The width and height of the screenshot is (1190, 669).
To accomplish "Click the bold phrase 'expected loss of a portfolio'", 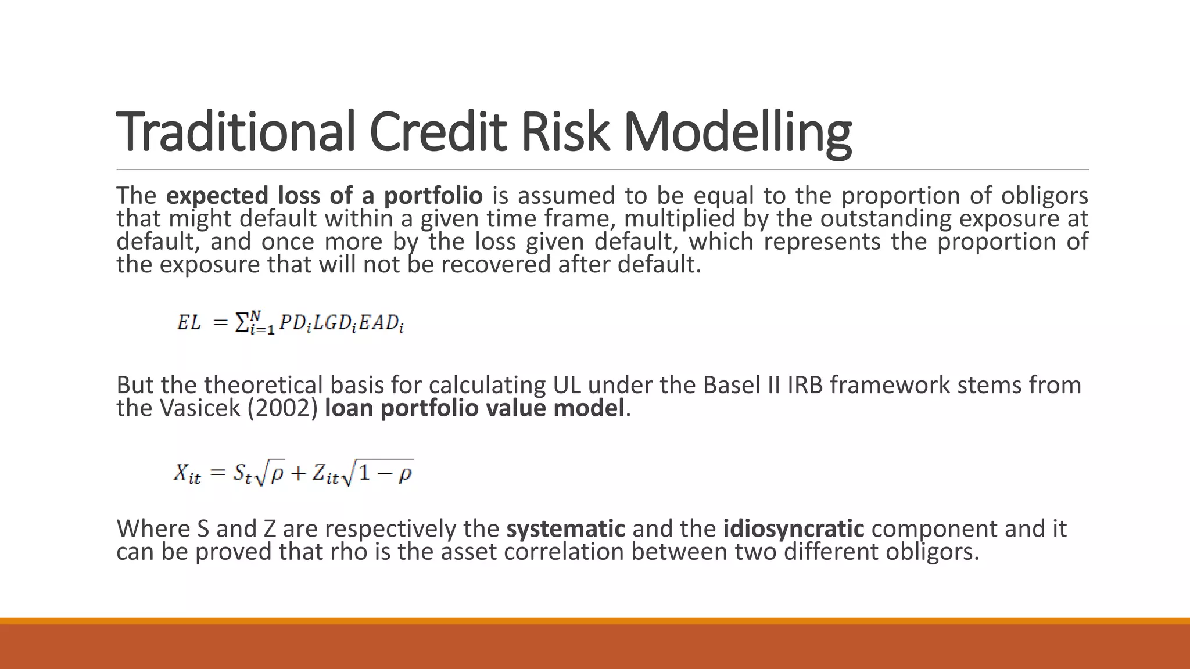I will [x=324, y=196].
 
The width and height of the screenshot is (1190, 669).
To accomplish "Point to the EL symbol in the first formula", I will [x=189, y=322].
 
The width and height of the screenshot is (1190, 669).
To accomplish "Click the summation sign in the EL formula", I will [x=241, y=322].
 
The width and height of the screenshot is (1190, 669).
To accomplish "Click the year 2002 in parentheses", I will [x=283, y=408].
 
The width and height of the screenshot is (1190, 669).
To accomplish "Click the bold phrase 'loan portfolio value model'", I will [x=474, y=408].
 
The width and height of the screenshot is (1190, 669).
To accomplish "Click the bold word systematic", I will [x=565, y=528].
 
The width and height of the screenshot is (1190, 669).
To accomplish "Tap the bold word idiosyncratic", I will [x=794, y=528].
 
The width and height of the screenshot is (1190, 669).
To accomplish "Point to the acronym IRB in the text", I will [x=805, y=385].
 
